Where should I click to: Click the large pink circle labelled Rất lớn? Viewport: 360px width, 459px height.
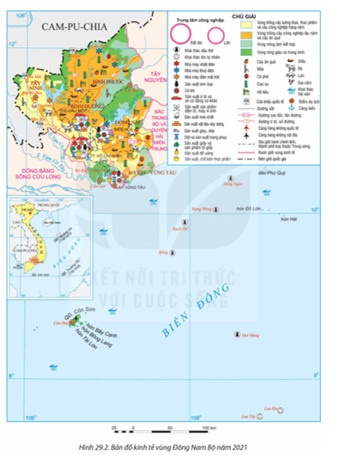click(180, 34)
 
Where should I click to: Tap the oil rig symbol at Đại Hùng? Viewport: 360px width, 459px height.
click(238, 335)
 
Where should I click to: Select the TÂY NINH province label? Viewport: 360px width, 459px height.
click(36, 85)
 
